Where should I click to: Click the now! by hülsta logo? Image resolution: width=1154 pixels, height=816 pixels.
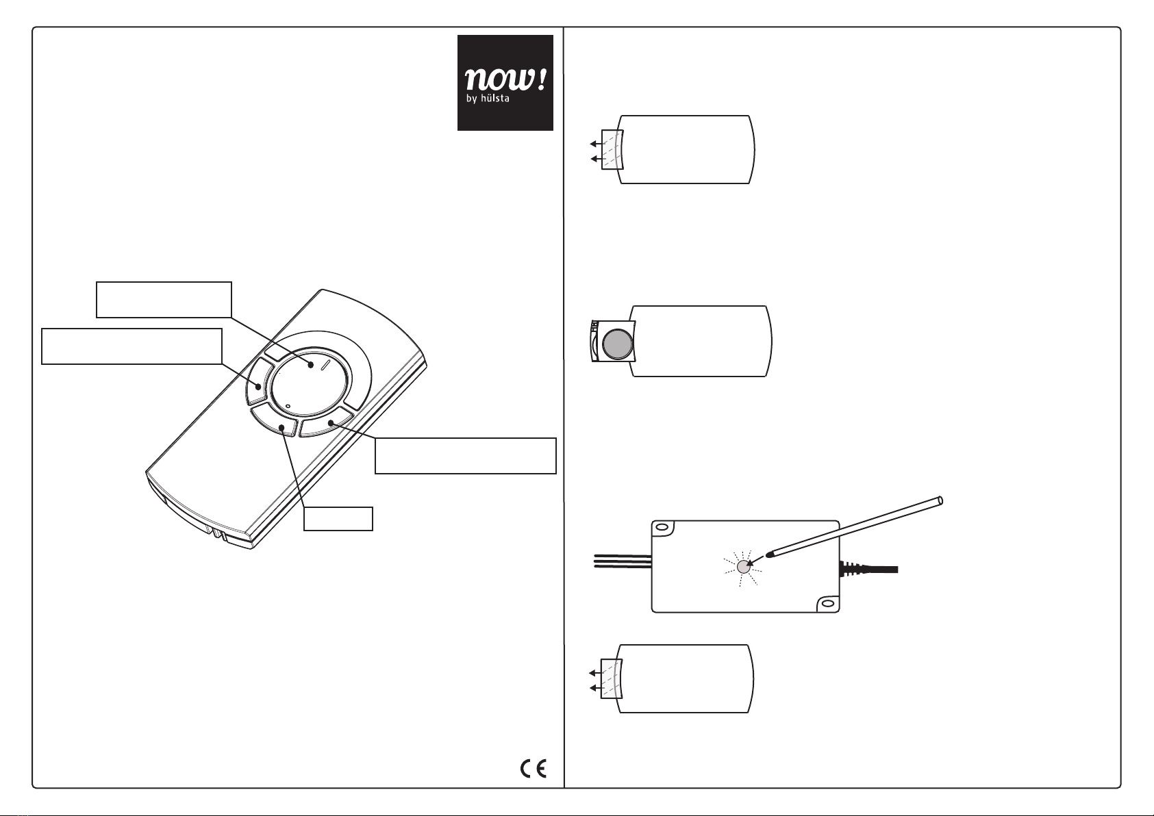pyautogui.click(x=505, y=83)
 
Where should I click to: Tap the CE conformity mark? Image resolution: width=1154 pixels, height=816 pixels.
pyautogui.click(x=533, y=769)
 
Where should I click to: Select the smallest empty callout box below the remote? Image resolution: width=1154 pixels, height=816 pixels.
pyautogui.click(x=338, y=519)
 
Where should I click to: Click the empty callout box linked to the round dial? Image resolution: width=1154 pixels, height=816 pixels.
pyautogui.click(x=164, y=299)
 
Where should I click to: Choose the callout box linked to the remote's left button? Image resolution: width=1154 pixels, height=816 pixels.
pyautogui.click(x=132, y=346)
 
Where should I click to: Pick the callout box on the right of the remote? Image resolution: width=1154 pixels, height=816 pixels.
pyautogui.click(x=465, y=456)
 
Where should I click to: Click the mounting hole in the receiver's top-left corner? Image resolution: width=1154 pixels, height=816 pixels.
pyautogui.click(x=662, y=528)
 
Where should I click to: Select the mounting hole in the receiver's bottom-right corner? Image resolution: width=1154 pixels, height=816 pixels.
pyautogui.click(x=827, y=604)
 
